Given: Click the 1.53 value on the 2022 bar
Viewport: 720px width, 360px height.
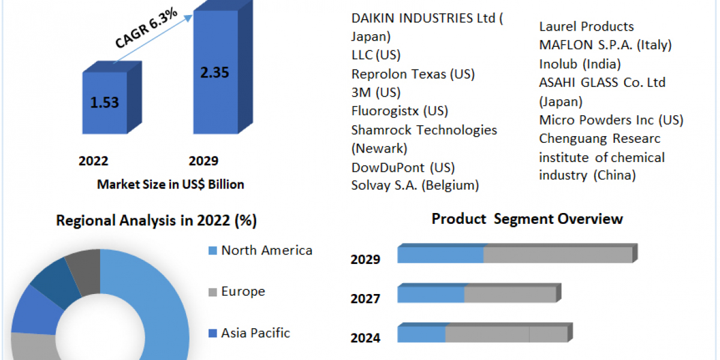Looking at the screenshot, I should tap(104, 102).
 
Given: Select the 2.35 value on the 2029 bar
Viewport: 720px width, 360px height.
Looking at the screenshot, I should tap(214, 73).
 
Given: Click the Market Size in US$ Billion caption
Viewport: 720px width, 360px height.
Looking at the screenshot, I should tap(170, 185).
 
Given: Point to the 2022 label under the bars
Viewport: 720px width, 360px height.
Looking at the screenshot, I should tap(94, 161).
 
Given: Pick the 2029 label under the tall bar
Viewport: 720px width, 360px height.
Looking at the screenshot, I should tap(203, 161).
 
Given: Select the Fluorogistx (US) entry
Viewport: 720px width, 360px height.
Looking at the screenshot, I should tap(400, 111).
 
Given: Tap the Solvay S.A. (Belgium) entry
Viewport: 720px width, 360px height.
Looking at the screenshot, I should tap(415, 185).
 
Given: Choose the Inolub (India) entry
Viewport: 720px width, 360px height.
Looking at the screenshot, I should tap(580, 64).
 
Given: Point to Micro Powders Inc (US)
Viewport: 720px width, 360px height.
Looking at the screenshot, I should tap(611, 120).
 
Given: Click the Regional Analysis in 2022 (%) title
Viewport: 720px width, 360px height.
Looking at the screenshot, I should tap(157, 221).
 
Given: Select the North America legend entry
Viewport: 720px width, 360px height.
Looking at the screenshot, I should tap(266, 250).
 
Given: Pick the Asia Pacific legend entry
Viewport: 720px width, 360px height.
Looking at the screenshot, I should tap(256, 333).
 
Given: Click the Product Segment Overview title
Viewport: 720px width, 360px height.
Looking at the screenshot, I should tap(527, 219).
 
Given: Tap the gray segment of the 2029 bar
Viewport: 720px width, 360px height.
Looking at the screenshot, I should tap(558, 255).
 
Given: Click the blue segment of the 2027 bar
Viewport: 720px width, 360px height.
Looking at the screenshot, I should tap(431, 295).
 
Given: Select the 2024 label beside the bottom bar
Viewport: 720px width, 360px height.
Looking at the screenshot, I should tap(365, 338).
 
